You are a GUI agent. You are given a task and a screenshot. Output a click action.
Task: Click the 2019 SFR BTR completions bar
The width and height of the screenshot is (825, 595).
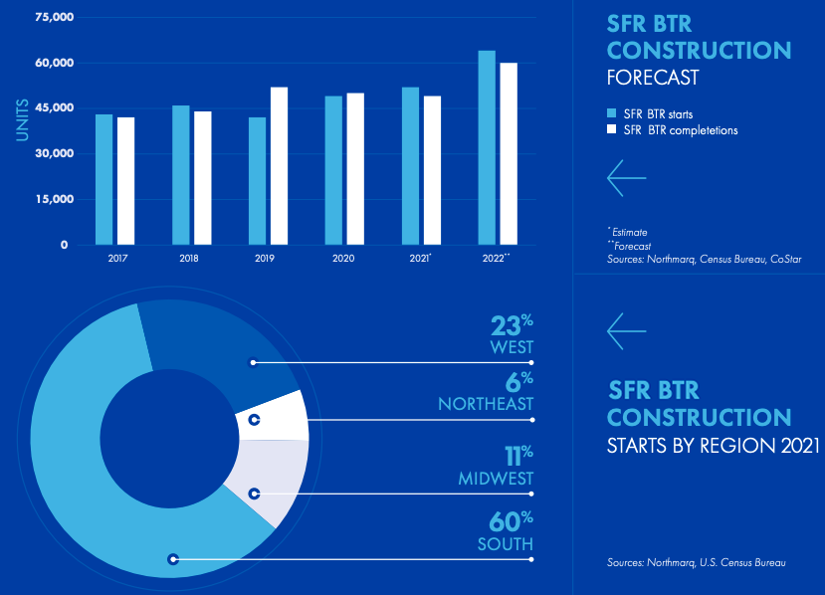280,165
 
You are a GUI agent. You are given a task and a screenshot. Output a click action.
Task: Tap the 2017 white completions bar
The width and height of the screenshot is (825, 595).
125,180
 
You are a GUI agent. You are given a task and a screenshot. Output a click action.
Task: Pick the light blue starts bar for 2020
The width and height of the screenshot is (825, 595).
333,169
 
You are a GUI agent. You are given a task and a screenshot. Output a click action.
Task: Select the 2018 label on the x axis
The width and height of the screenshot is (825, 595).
189,258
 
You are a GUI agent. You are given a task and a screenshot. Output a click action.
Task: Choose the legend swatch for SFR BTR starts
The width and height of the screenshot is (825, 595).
612,112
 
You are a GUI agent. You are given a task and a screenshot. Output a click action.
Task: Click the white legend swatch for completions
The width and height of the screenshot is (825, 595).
612,129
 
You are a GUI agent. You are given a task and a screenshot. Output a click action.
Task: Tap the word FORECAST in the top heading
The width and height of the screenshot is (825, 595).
653,78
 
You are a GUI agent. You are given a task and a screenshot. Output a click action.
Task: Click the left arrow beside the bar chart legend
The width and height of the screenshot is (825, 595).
626,178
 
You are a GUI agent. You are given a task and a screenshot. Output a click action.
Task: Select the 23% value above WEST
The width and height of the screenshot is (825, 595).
512,325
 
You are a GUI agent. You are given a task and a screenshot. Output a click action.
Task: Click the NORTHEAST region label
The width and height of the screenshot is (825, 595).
486,404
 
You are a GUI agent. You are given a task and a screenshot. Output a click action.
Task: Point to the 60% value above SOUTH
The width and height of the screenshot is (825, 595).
512,521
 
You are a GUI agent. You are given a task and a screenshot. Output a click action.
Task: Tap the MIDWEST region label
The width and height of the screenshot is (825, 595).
496,479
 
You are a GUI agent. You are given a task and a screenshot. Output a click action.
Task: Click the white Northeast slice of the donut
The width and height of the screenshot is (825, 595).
279,416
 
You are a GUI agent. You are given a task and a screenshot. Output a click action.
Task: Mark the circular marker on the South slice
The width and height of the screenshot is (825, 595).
173,558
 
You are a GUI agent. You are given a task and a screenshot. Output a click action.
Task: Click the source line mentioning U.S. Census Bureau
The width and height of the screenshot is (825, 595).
696,563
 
